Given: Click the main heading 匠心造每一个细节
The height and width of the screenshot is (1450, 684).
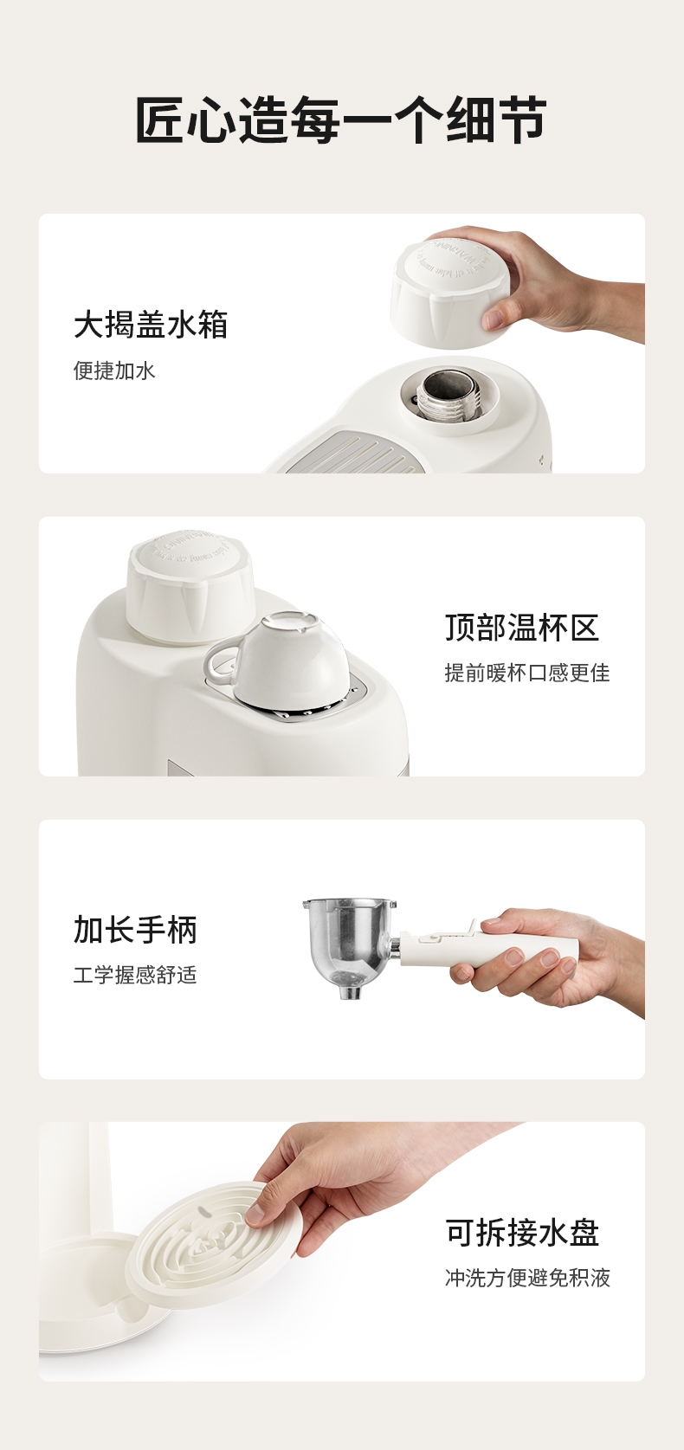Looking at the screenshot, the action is [341, 119].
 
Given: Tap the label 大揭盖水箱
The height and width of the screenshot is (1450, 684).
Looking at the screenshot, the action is [151, 325].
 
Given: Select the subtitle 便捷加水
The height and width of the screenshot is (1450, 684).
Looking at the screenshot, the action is [114, 371].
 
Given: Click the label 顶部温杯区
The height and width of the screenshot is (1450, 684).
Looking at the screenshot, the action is [522, 628].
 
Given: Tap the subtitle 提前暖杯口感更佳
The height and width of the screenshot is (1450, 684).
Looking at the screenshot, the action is [527, 673].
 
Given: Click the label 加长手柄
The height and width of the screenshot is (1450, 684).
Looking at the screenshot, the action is [135, 930].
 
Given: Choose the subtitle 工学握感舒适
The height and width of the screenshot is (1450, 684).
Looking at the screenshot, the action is [135, 975].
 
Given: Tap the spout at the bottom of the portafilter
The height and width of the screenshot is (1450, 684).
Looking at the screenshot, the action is [350, 990].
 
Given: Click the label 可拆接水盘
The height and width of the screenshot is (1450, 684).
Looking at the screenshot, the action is [522, 1232].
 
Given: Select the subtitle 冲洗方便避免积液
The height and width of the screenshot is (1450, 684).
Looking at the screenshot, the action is [527, 1278].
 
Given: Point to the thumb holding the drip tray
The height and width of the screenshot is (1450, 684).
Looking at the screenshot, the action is [262, 1211].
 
